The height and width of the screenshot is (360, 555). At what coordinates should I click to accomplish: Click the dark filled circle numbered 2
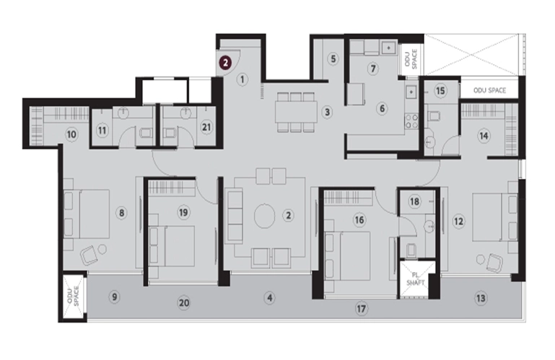[x=225, y=63]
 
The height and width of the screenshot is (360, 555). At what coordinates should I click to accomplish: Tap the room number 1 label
[x=242, y=79]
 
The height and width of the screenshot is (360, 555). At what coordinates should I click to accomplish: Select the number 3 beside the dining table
[x=328, y=113]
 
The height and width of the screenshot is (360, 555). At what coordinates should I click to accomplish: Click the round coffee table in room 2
[x=264, y=215]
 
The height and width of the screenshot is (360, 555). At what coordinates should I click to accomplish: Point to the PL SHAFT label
[x=416, y=278]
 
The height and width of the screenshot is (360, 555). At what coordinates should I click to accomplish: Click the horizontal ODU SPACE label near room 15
[x=489, y=91]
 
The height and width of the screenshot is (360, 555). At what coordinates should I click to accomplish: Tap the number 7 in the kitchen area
[x=372, y=69]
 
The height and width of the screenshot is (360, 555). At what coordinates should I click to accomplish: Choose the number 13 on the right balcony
[x=481, y=298]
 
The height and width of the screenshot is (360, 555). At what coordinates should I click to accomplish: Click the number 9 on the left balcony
[x=114, y=297]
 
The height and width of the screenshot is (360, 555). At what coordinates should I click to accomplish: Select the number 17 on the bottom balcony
[x=361, y=309]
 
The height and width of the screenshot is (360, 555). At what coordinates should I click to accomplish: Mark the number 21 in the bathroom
[x=206, y=127]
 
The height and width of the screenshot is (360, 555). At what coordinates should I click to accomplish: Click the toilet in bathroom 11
[x=146, y=133]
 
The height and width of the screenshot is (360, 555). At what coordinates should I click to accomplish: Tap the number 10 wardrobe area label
[x=71, y=134]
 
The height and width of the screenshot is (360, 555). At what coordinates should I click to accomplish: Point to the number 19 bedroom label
[x=183, y=212]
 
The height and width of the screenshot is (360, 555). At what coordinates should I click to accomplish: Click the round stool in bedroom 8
[x=102, y=249]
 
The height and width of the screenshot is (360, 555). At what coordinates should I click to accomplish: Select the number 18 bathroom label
[x=414, y=201]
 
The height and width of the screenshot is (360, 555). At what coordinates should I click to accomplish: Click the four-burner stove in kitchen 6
[x=411, y=120]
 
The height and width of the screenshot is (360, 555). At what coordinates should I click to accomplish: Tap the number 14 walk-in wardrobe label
[x=484, y=136]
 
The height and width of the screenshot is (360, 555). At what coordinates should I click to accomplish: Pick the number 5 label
[x=333, y=58]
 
